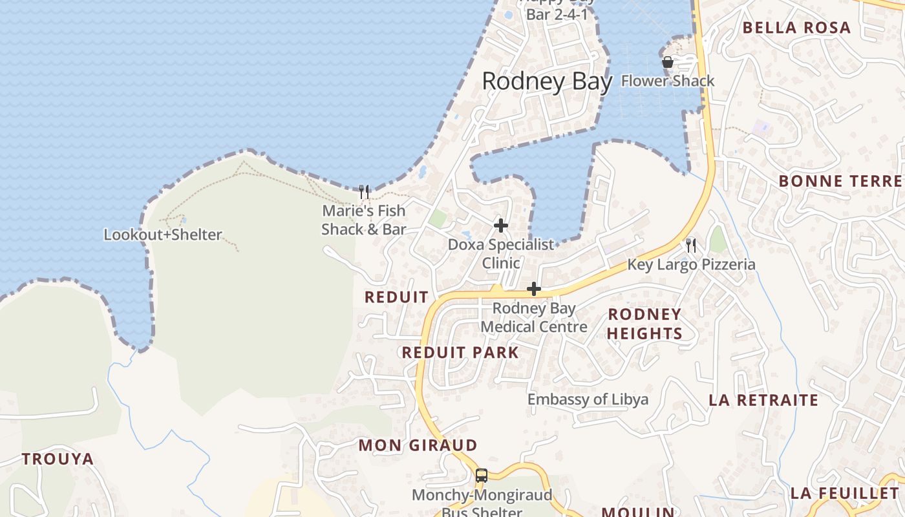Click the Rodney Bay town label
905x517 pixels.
point(547,82)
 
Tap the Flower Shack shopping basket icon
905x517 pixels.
point(668,62)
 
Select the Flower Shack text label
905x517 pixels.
point(668,81)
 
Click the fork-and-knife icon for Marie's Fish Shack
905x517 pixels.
point(364,191)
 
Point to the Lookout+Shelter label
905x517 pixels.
point(163,235)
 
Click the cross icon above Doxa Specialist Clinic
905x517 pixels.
point(500,226)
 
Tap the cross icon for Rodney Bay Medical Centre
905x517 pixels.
point(533,289)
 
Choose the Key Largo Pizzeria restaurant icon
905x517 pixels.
point(691,245)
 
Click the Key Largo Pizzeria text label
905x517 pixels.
point(691,264)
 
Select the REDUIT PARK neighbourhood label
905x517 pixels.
point(460,353)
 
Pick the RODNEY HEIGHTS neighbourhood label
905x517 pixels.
point(644,324)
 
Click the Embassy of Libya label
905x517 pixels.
point(588,399)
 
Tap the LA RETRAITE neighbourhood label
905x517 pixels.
point(763,400)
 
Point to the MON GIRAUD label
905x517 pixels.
point(418,445)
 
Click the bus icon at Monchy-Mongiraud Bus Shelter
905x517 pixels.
point(482,476)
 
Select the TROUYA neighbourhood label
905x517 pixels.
point(58,459)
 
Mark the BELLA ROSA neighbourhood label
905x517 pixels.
point(796,28)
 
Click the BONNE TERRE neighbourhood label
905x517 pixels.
point(840,181)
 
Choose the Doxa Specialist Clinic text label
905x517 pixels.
point(501,254)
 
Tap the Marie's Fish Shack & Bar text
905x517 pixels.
point(364,220)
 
